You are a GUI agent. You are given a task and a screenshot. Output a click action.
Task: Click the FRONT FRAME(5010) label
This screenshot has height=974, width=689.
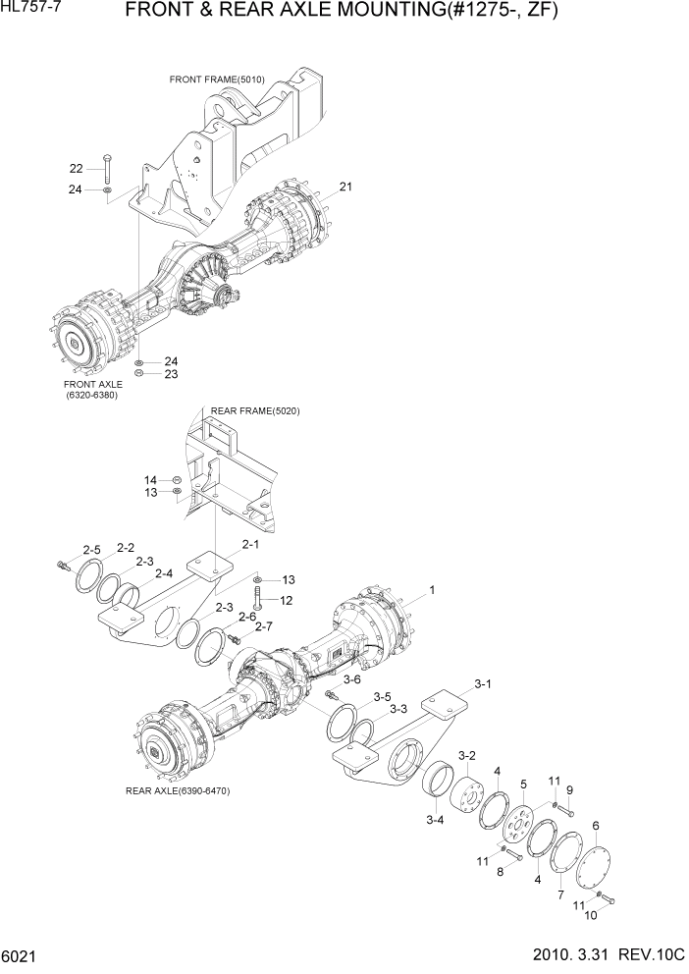click(x=217, y=79)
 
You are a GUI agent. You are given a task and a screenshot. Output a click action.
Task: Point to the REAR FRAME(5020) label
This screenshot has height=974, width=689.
click(x=255, y=410)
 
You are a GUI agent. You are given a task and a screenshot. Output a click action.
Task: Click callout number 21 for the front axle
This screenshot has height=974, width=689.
click(x=345, y=186)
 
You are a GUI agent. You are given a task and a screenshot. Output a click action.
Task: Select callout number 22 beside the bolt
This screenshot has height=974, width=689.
click(x=76, y=168)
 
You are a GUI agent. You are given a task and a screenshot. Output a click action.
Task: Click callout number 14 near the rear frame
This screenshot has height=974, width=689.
click(x=151, y=479)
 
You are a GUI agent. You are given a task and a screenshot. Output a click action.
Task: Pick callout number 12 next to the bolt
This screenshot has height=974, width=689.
click(x=288, y=600)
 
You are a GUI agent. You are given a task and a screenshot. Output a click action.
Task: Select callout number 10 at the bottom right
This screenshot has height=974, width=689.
click(x=590, y=915)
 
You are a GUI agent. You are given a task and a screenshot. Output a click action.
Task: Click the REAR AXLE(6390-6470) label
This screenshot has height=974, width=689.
click(x=178, y=790)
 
